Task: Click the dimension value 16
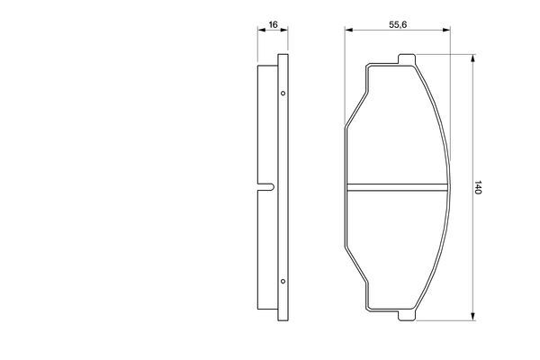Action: click(x=273, y=24)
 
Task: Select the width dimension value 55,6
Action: click(x=396, y=24)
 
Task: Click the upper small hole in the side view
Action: click(x=283, y=94)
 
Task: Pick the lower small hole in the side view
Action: click(x=283, y=282)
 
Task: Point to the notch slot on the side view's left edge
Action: click(x=265, y=187)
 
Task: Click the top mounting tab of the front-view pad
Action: click(x=405, y=60)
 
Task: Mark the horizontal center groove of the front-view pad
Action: click(x=396, y=187)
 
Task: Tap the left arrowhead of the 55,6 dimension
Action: click(x=348, y=32)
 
